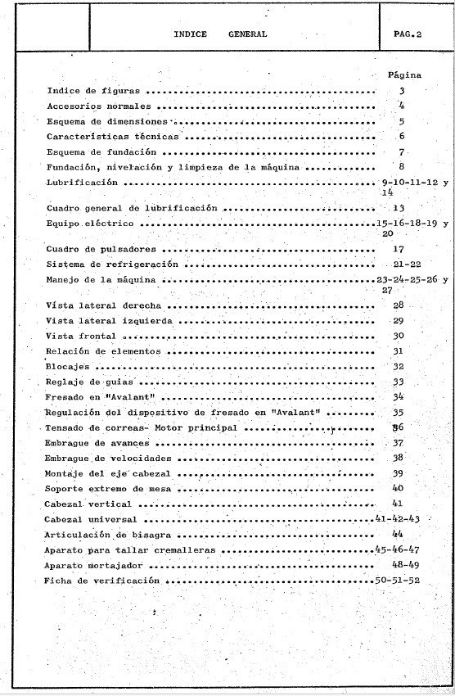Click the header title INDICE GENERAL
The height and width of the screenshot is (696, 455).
(220, 34)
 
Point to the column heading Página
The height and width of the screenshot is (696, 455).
(403, 75)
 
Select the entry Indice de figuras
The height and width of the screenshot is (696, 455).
(93, 91)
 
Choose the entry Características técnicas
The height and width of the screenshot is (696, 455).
(107, 137)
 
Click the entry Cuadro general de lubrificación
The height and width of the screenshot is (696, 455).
(132, 208)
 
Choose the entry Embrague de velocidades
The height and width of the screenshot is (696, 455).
(109, 459)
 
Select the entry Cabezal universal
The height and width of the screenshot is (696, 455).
(91, 519)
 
